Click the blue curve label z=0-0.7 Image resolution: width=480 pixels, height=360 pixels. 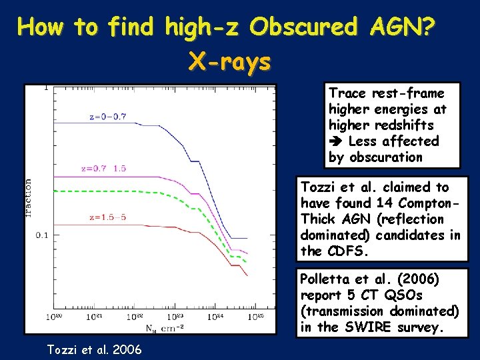[x=107, y=117]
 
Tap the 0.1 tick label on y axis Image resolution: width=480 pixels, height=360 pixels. [x=41, y=235]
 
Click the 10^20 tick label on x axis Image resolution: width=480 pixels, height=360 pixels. [x=54, y=316]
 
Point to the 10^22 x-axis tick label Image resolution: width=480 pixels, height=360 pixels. [x=135, y=316]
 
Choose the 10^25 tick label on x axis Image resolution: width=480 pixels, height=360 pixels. [x=256, y=316]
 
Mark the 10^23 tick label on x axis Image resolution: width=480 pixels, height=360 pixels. [x=175, y=316]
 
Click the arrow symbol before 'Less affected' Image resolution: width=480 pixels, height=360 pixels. [x=335, y=141]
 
